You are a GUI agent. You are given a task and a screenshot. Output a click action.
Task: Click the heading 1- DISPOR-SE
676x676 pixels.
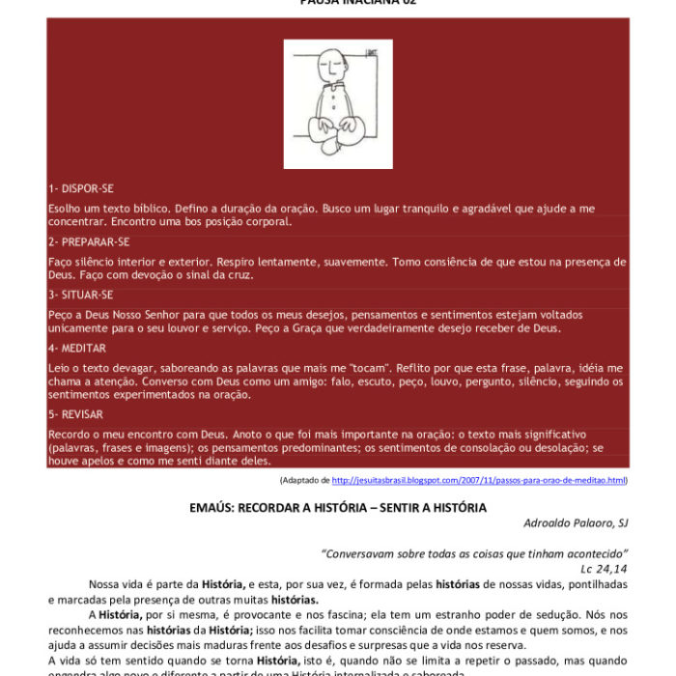click(x=81, y=188)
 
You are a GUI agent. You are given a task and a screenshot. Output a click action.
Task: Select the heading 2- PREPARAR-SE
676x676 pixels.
click(x=88, y=241)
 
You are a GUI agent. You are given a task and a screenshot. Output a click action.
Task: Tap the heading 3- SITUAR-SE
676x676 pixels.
click(x=80, y=295)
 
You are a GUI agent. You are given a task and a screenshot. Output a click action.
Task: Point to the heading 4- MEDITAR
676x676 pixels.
click(x=77, y=348)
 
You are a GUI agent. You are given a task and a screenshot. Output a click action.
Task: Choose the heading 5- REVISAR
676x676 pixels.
click(x=77, y=414)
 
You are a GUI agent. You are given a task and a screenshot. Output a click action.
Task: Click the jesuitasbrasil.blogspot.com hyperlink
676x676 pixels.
click(x=479, y=480)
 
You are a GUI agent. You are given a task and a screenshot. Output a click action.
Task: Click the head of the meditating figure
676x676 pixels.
click(x=329, y=68)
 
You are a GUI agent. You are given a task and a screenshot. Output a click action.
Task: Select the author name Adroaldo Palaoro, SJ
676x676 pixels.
click(x=576, y=522)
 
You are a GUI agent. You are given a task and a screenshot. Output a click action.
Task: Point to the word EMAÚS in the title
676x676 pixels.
click(x=212, y=507)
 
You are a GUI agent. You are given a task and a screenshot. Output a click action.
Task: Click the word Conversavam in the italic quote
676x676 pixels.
click(x=360, y=553)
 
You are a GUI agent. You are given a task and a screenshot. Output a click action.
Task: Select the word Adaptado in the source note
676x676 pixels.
click(x=300, y=480)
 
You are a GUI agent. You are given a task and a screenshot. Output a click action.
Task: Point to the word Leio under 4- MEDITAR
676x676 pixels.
click(x=59, y=368)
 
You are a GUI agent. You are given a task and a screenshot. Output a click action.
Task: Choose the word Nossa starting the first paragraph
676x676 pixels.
click(x=106, y=583)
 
